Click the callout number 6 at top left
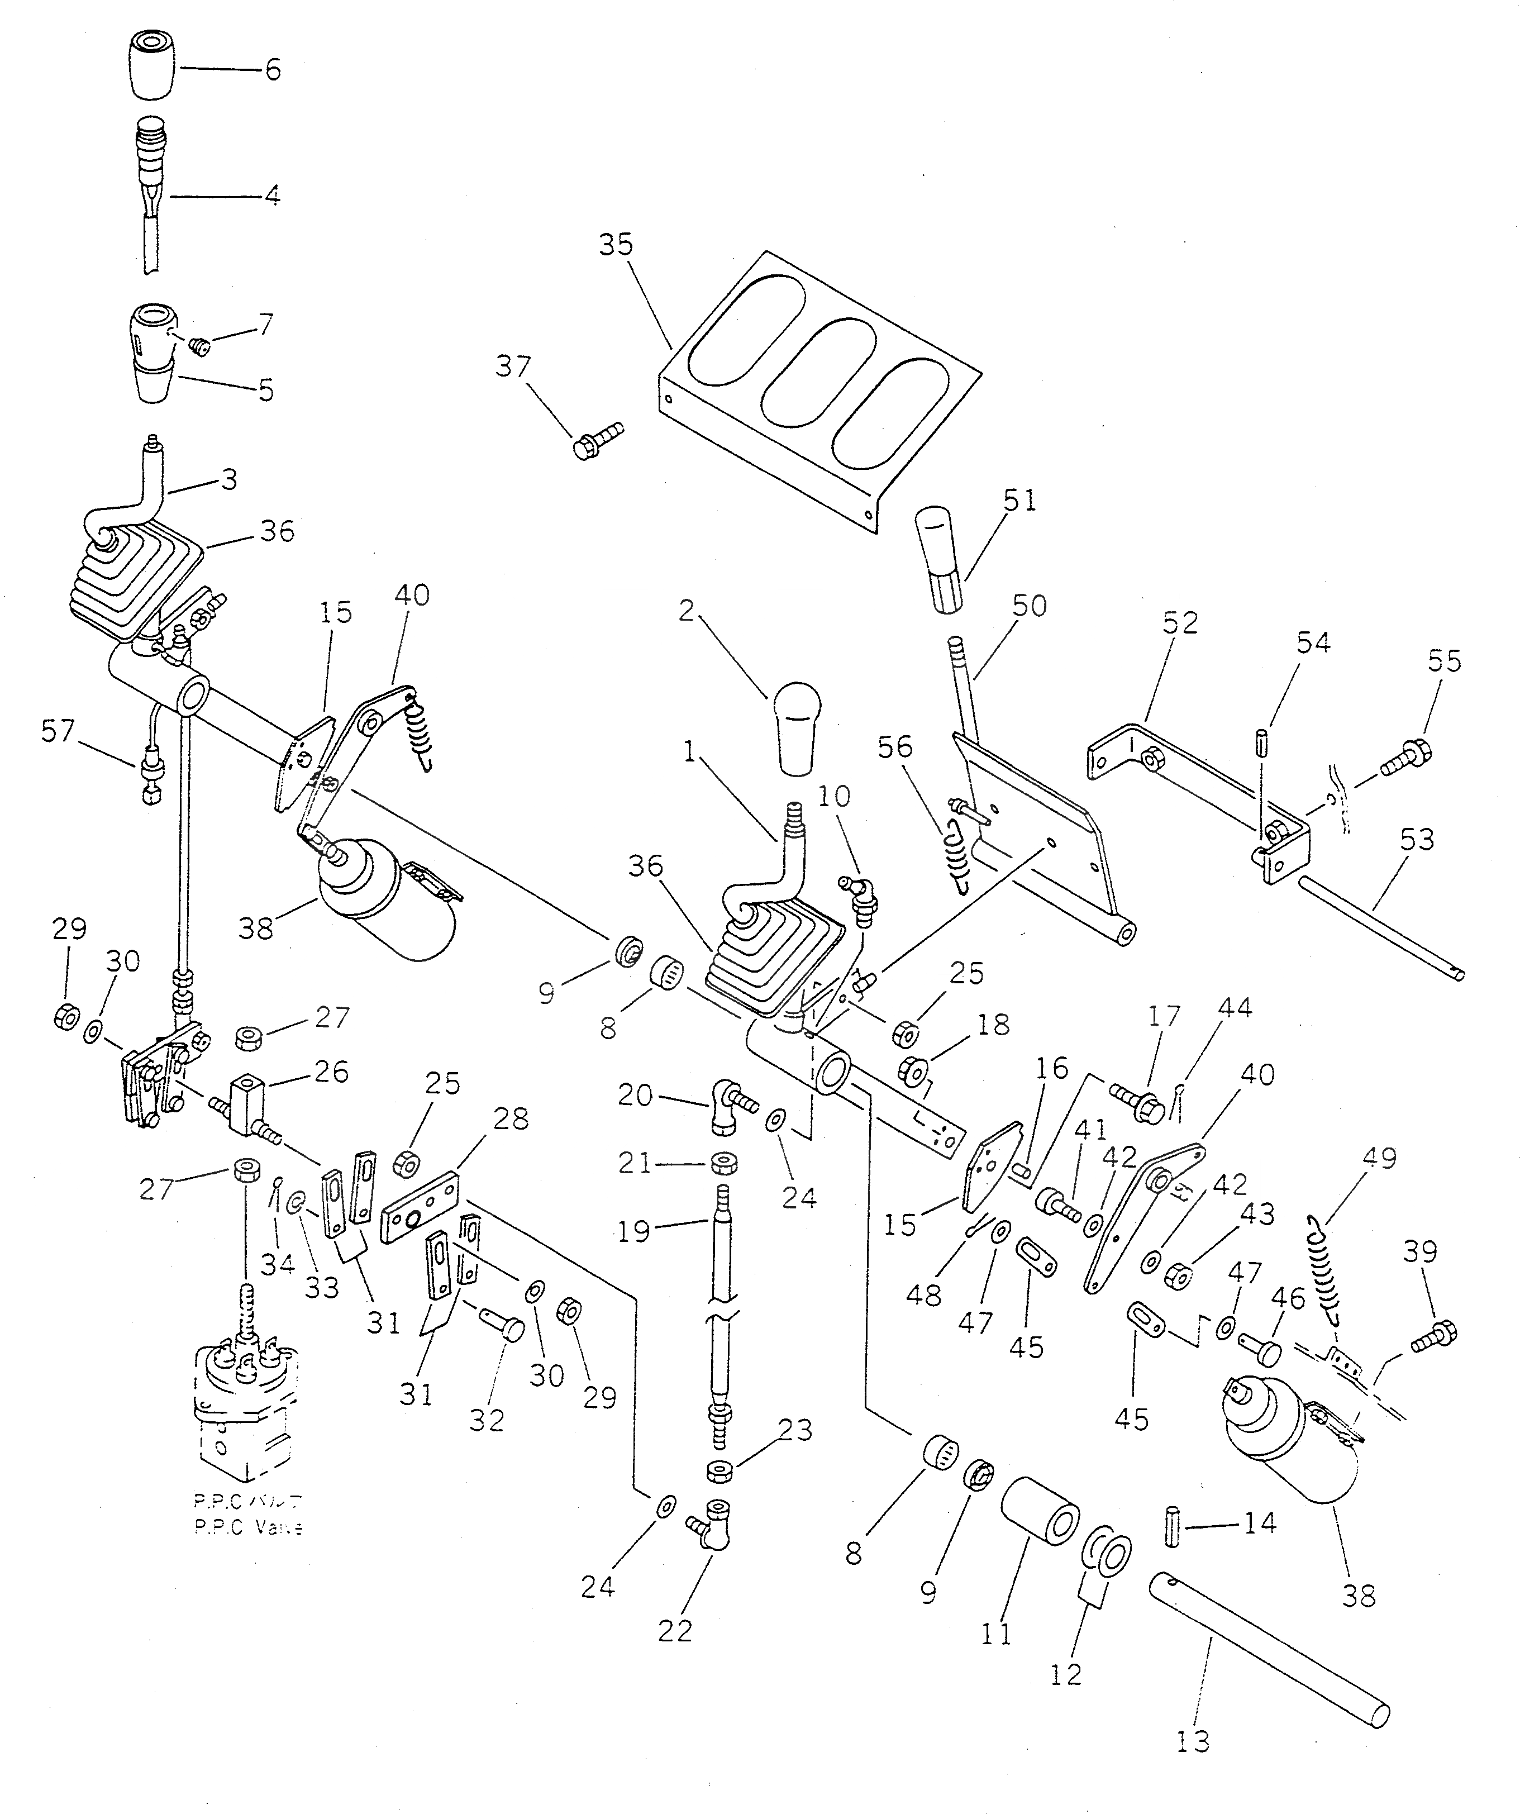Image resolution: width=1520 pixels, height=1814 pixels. coord(273,69)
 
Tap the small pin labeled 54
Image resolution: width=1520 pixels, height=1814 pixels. coord(1262,742)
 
